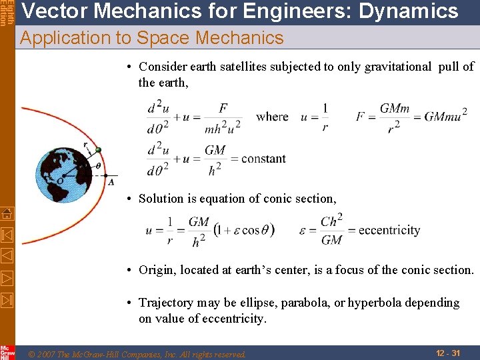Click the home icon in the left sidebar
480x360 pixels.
point(7,214)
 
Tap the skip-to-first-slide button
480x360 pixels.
point(7,234)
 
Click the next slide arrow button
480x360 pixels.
point(7,277)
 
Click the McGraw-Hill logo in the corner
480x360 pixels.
point(7,352)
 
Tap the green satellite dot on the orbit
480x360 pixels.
point(98,150)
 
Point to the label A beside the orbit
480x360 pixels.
point(111,182)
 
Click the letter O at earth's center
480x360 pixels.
point(60,181)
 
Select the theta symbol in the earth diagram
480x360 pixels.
point(99,166)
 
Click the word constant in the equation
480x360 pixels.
point(263,159)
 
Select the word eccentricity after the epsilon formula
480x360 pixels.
point(389,231)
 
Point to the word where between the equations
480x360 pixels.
point(272,117)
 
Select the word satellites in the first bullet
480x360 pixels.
point(242,67)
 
